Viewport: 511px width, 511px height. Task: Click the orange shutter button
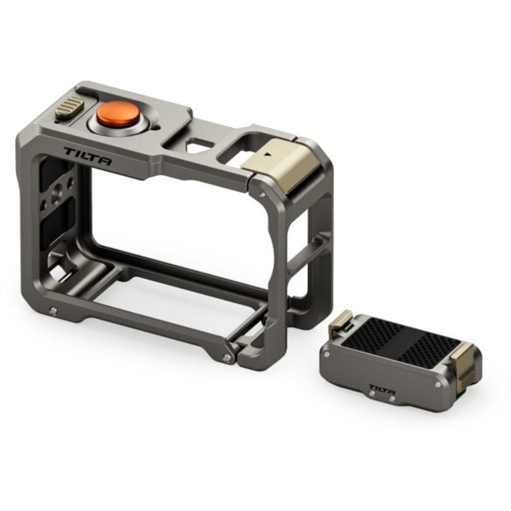point(117,114)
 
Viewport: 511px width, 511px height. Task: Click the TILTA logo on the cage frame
point(88,155)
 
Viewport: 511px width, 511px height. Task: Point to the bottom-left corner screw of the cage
point(54,311)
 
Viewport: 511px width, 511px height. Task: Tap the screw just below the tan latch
point(262,195)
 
